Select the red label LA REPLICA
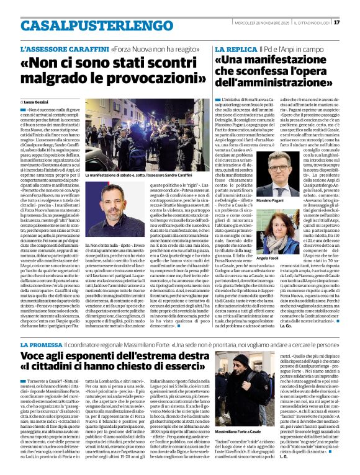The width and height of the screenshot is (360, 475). point(235,48)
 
